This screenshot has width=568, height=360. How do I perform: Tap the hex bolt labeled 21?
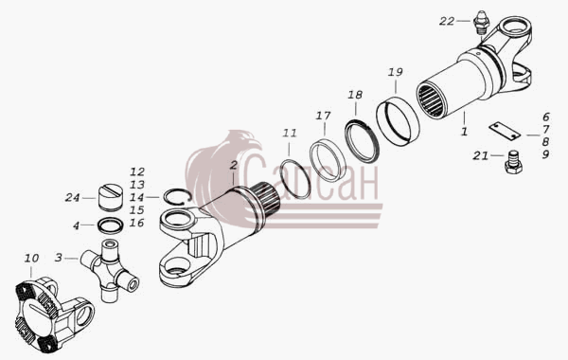pyautogui.click(x=513, y=163)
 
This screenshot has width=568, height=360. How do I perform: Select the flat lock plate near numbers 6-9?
pyautogui.click(x=505, y=131)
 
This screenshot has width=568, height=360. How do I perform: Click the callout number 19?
pyautogui.click(x=395, y=72)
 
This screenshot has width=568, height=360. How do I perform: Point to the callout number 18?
pyautogui.click(x=355, y=95)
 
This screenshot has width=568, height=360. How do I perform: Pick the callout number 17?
pyautogui.click(x=323, y=116)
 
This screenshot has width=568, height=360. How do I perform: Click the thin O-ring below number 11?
pyautogui.click(x=296, y=179)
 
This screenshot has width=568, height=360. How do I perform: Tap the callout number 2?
pyautogui.click(x=234, y=166)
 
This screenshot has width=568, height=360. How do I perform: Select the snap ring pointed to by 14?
pyautogui.click(x=177, y=197)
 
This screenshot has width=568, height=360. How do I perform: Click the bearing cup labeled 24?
pyautogui.click(x=110, y=198)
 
